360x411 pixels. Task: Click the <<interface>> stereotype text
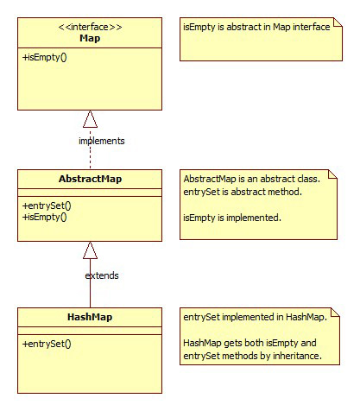[x=90, y=27]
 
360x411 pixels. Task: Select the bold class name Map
[x=90, y=38]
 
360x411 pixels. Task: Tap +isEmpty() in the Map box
[x=45, y=57]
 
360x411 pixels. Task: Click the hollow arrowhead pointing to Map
[x=90, y=119]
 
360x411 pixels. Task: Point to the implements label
[x=102, y=141]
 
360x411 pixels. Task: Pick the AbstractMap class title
[x=90, y=179]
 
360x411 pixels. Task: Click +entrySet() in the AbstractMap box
[x=47, y=205]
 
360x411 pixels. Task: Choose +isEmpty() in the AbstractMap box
[x=45, y=217]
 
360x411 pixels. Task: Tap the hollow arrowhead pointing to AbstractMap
[x=90, y=250]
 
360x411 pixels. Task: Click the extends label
[x=102, y=275]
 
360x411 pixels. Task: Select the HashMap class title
[x=90, y=317]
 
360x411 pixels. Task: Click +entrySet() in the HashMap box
[x=47, y=344]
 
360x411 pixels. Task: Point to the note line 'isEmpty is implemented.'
[x=232, y=218]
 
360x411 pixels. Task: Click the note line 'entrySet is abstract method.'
[x=243, y=192]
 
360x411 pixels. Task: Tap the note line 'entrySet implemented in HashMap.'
[x=256, y=317]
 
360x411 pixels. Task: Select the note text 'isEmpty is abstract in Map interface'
[x=256, y=27]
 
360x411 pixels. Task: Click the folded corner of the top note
[x=338, y=22]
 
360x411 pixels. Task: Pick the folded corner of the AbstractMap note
[x=332, y=174]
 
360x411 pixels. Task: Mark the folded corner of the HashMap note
[x=335, y=313]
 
